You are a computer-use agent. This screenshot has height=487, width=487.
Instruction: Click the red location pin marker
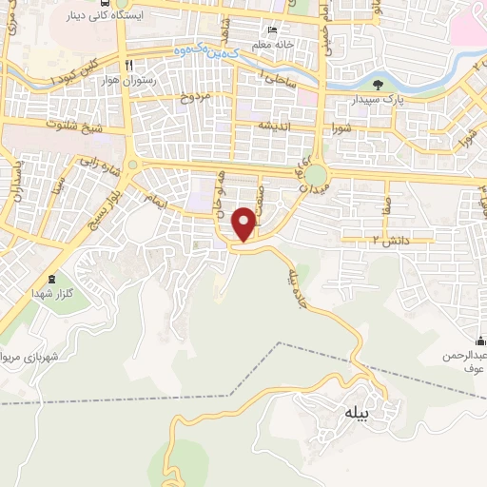pos(244,223)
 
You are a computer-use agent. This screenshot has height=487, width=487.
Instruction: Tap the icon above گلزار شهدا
pos(51,280)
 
